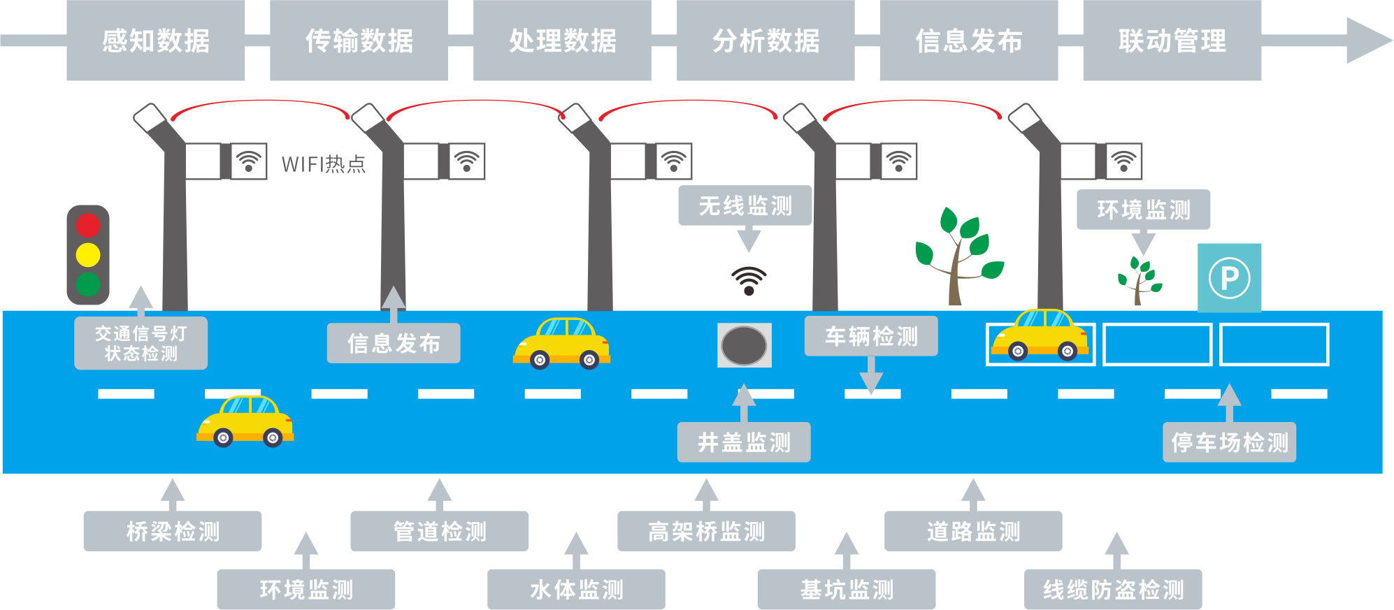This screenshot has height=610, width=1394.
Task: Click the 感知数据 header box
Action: click(x=156, y=41)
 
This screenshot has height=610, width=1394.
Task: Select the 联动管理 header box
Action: click(x=1172, y=41)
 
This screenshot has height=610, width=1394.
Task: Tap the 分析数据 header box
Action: click(x=766, y=41)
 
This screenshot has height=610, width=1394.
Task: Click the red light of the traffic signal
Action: click(x=88, y=225)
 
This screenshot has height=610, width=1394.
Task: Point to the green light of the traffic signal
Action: click(x=88, y=284)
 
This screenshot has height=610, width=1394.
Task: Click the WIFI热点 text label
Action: click(x=323, y=164)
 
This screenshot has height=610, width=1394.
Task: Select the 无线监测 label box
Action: click(x=745, y=205)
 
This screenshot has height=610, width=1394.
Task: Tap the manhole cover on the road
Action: click(x=745, y=345)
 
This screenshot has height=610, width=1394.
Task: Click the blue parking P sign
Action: click(x=1229, y=277)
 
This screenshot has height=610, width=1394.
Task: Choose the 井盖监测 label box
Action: click(x=744, y=442)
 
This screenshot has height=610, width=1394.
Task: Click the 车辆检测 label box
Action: click(x=871, y=336)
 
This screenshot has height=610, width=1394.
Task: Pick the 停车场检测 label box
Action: click(x=1229, y=442)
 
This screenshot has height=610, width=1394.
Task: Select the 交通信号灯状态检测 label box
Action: click(x=141, y=343)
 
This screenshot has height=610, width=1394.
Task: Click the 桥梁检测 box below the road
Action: click(x=173, y=531)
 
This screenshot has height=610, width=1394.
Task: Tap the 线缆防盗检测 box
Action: click(x=1113, y=589)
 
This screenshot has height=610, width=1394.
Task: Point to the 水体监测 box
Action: click(x=576, y=589)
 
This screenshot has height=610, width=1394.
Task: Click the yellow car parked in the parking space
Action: click(x=1040, y=335)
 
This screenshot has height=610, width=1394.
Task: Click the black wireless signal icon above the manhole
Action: click(x=749, y=280)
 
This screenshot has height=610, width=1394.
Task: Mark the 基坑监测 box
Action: click(x=846, y=589)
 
